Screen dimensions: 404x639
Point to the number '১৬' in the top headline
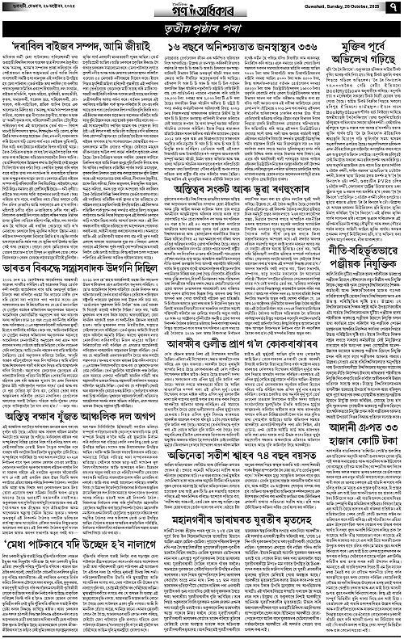coord(168,49)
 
